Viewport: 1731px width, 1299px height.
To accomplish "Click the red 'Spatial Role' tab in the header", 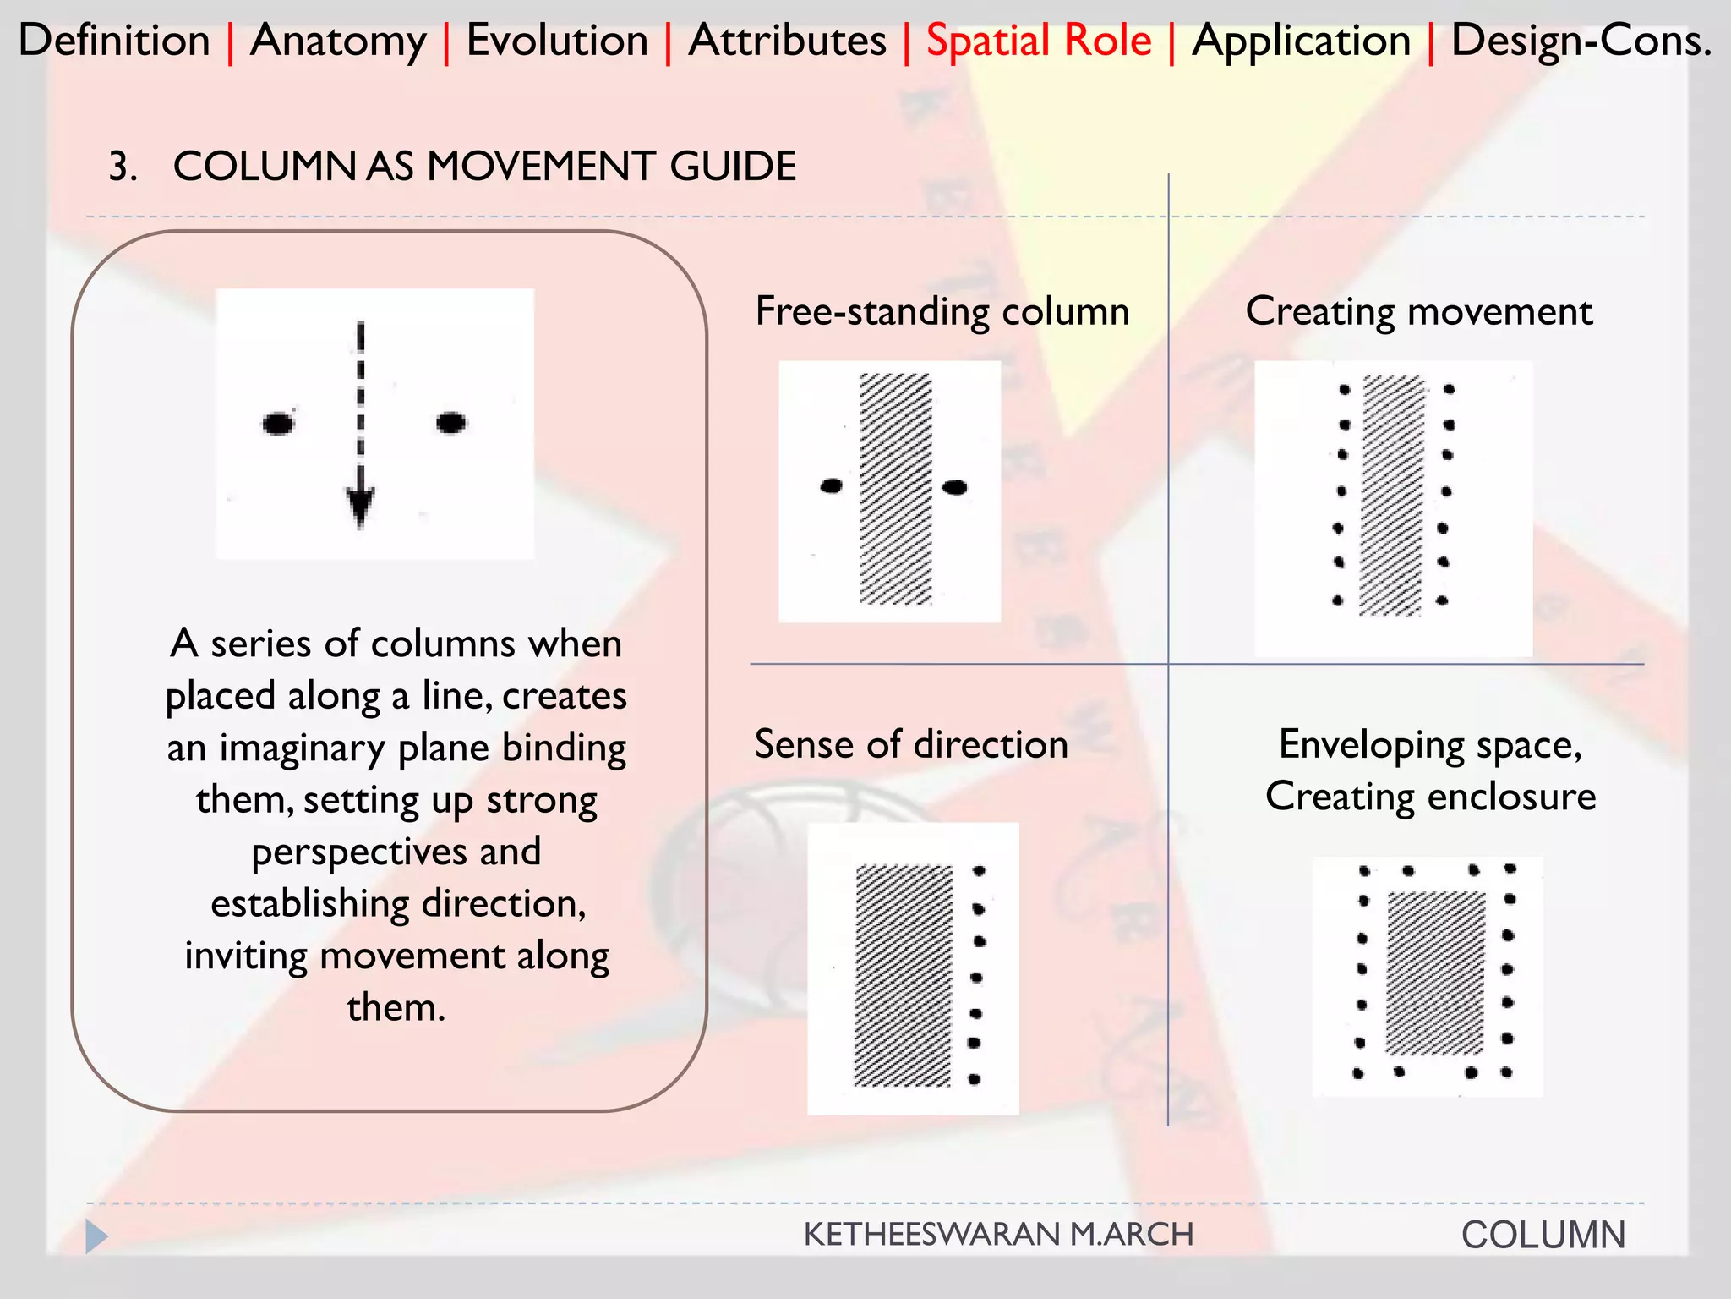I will click(x=1038, y=41).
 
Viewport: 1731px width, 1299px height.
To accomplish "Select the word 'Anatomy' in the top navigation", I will click(x=338, y=41).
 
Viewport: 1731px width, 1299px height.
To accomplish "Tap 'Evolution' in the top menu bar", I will click(x=557, y=41).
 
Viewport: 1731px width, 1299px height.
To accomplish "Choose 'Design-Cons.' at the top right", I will click(x=1581, y=41).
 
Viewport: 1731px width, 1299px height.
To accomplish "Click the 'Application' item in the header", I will click(x=1301, y=41).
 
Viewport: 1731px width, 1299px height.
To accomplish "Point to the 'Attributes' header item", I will click(x=787, y=41).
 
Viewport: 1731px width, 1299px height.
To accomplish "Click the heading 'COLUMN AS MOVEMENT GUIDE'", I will click(x=484, y=166).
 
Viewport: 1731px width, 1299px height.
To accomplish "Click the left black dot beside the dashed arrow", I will click(x=278, y=423).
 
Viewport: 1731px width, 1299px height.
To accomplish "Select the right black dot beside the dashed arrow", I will click(x=450, y=421).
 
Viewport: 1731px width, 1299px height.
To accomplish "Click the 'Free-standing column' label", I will click(x=942, y=311).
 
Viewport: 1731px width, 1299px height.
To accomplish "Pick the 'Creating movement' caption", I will click(x=1418, y=311).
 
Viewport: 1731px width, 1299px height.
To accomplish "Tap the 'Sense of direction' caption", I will click(x=910, y=744).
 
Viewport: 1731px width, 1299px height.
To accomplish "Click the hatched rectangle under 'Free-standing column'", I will click(x=895, y=489).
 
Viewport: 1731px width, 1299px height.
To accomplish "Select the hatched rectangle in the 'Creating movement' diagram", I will click(x=1392, y=496).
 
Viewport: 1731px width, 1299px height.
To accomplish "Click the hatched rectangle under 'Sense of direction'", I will click(x=903, y=975).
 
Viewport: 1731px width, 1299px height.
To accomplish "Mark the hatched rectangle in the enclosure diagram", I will click(x=1435, y=973).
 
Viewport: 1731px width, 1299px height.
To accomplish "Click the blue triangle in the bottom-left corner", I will click(x=96, y=1236).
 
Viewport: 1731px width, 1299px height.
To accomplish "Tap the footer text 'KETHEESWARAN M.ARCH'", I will click(x=998, y=1235).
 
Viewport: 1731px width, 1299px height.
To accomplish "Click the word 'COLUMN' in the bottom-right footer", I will click(x=1543, y=1235).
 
